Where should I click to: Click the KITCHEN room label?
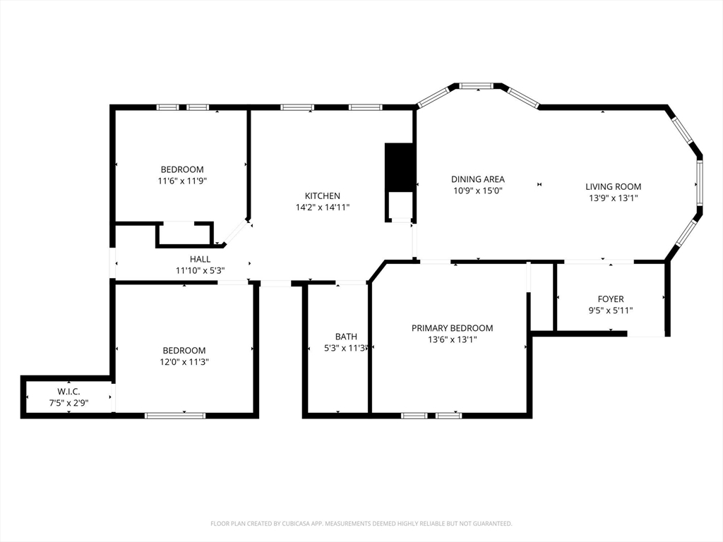(322, 195)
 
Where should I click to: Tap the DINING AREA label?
(478, 179)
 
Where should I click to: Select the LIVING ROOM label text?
(613, 186)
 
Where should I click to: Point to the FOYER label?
(611, 299)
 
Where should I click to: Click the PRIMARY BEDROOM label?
(452, 328)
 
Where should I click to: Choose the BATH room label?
(346, 337)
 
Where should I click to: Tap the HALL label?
(200, 259)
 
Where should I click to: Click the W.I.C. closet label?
(69, 392)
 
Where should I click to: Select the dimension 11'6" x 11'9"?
(182, 181)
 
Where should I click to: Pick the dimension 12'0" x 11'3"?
(184, 362)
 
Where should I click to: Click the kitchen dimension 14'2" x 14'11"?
(322, 207)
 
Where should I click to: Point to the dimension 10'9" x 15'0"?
(478, 191)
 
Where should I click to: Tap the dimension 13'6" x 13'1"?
(452, 339)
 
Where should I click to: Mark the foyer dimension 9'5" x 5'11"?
(611, 311)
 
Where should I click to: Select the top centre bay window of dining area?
(477, 86)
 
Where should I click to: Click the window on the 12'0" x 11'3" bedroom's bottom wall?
(175, 416)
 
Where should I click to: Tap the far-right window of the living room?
(700, 183)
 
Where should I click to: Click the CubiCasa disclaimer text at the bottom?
(361, 524)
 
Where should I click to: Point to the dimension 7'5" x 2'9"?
(69, 403)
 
